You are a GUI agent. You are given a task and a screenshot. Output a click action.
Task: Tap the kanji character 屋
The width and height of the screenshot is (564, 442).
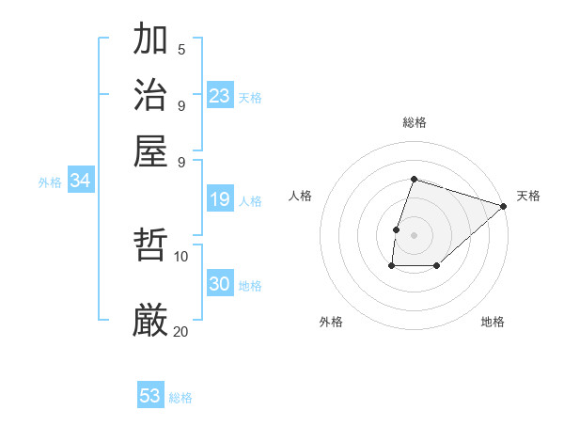click(x=151, y=150)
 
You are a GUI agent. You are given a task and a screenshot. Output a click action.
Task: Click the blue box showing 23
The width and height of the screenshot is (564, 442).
click(x=220, y=95)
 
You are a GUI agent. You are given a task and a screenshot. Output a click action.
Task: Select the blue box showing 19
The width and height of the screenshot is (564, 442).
click(x=220, y=199)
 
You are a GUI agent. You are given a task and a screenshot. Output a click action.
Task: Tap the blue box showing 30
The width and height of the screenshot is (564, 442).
click(x=220, y=284)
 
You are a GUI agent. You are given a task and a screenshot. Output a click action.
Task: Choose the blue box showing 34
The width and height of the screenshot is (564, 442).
click(x=80, y=181)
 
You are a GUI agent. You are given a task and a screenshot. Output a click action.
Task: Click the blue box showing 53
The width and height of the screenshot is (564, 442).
click(x=150, y=396)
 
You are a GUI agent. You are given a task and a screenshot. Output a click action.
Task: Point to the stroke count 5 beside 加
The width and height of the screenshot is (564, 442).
click(x=181, y=50)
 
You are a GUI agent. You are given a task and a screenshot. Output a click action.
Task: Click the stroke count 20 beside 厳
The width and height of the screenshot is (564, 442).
click(x=181, y=331)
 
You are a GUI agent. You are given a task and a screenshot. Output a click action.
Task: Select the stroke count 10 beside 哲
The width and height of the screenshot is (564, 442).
click(x=181, y=256)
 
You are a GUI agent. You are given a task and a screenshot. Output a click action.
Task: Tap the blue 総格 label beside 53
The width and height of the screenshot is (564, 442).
click(x=181, y=398)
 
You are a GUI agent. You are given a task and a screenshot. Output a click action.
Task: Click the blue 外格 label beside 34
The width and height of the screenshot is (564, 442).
click(x=50, y=182)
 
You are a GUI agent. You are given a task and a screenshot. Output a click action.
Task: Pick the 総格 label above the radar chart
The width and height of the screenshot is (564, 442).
click(x=414, y=122)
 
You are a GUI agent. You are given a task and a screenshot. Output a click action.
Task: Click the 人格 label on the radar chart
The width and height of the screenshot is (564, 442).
click(x=301, y=196)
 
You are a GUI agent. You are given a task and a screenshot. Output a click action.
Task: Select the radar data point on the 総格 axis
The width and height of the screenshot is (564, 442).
click(x=414, y=179)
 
